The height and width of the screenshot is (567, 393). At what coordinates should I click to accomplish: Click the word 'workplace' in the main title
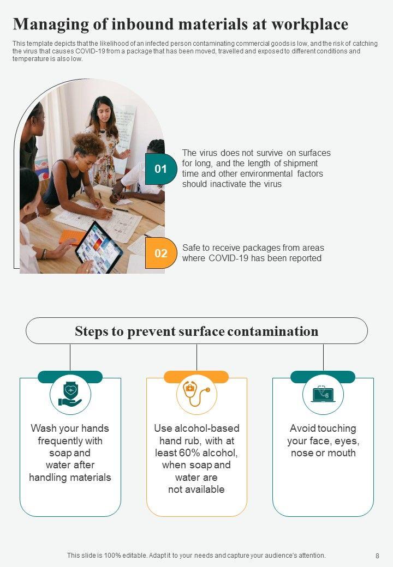click(x=310, y=24)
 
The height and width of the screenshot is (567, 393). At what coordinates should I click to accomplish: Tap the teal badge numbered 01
click(x=161, y=169)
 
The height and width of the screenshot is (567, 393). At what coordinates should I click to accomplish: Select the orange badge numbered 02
click(x=161, y=253)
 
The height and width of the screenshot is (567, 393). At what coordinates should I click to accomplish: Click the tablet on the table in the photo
click(x=98, y=246)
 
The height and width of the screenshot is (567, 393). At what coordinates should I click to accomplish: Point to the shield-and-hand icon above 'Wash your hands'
click(x=70, y=394)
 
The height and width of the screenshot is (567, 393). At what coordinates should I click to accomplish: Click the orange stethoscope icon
click(x=196, y=394)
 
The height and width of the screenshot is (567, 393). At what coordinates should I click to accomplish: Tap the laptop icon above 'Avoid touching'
click(x=323, y=394)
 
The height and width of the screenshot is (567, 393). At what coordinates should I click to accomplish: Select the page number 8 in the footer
click(x=377, y=556)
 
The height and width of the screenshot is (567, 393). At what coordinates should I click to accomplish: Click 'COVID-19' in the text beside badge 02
click(x=229, y=258)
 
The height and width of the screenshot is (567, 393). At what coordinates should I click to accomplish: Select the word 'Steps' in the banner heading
click(x=90, y=331)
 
